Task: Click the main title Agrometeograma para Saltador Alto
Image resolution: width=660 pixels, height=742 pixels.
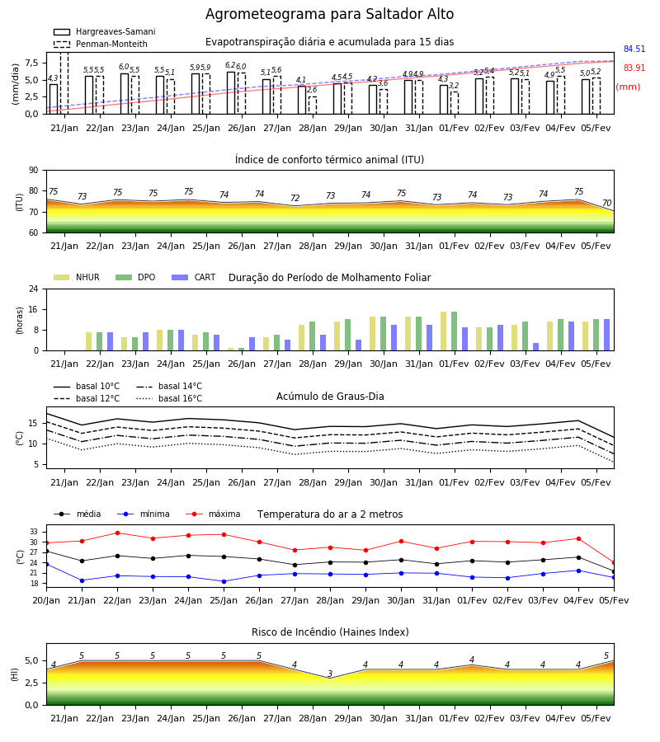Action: click(x=329, y=14)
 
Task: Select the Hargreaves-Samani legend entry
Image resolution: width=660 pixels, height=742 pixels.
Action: click(x=104, y=31)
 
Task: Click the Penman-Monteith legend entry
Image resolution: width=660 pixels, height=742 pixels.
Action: click(x=101, y=44)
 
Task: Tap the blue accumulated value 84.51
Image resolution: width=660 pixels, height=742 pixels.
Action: click(x=634, y=49)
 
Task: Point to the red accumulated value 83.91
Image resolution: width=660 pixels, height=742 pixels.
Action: click(x=634, y=68)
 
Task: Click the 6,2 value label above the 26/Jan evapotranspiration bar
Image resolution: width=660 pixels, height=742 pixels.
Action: click(x=230, y=65)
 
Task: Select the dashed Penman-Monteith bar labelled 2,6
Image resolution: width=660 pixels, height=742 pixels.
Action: click(x=313, y=105)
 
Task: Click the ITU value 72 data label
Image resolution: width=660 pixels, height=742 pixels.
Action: click(x=295, y=198)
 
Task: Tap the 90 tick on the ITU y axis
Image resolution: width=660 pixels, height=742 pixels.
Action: click(x=34, y=171)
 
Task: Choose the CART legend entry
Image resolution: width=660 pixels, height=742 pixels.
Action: click(x=194, y=277)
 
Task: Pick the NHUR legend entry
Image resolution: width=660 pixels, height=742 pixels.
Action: click(x=77, y=277)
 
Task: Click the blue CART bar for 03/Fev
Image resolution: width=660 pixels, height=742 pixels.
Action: click(x=536, y=347)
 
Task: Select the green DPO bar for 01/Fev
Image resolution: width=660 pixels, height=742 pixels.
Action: click(x=454, y=331)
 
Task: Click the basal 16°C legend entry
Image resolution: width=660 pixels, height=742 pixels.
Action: click(x=169, y=398)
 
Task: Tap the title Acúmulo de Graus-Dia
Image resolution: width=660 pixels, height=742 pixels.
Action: click(x=330, y=396)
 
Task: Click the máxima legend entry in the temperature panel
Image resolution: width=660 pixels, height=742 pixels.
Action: click(x=213, y=514)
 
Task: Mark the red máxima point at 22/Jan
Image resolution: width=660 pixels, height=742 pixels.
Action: click(x=117, y=533)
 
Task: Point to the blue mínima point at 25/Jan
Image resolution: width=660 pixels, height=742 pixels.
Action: click(x=224, y=581)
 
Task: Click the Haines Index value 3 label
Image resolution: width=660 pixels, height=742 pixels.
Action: click(x=330, y=674)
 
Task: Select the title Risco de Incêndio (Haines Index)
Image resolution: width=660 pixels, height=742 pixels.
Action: click(x=330, y=632)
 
